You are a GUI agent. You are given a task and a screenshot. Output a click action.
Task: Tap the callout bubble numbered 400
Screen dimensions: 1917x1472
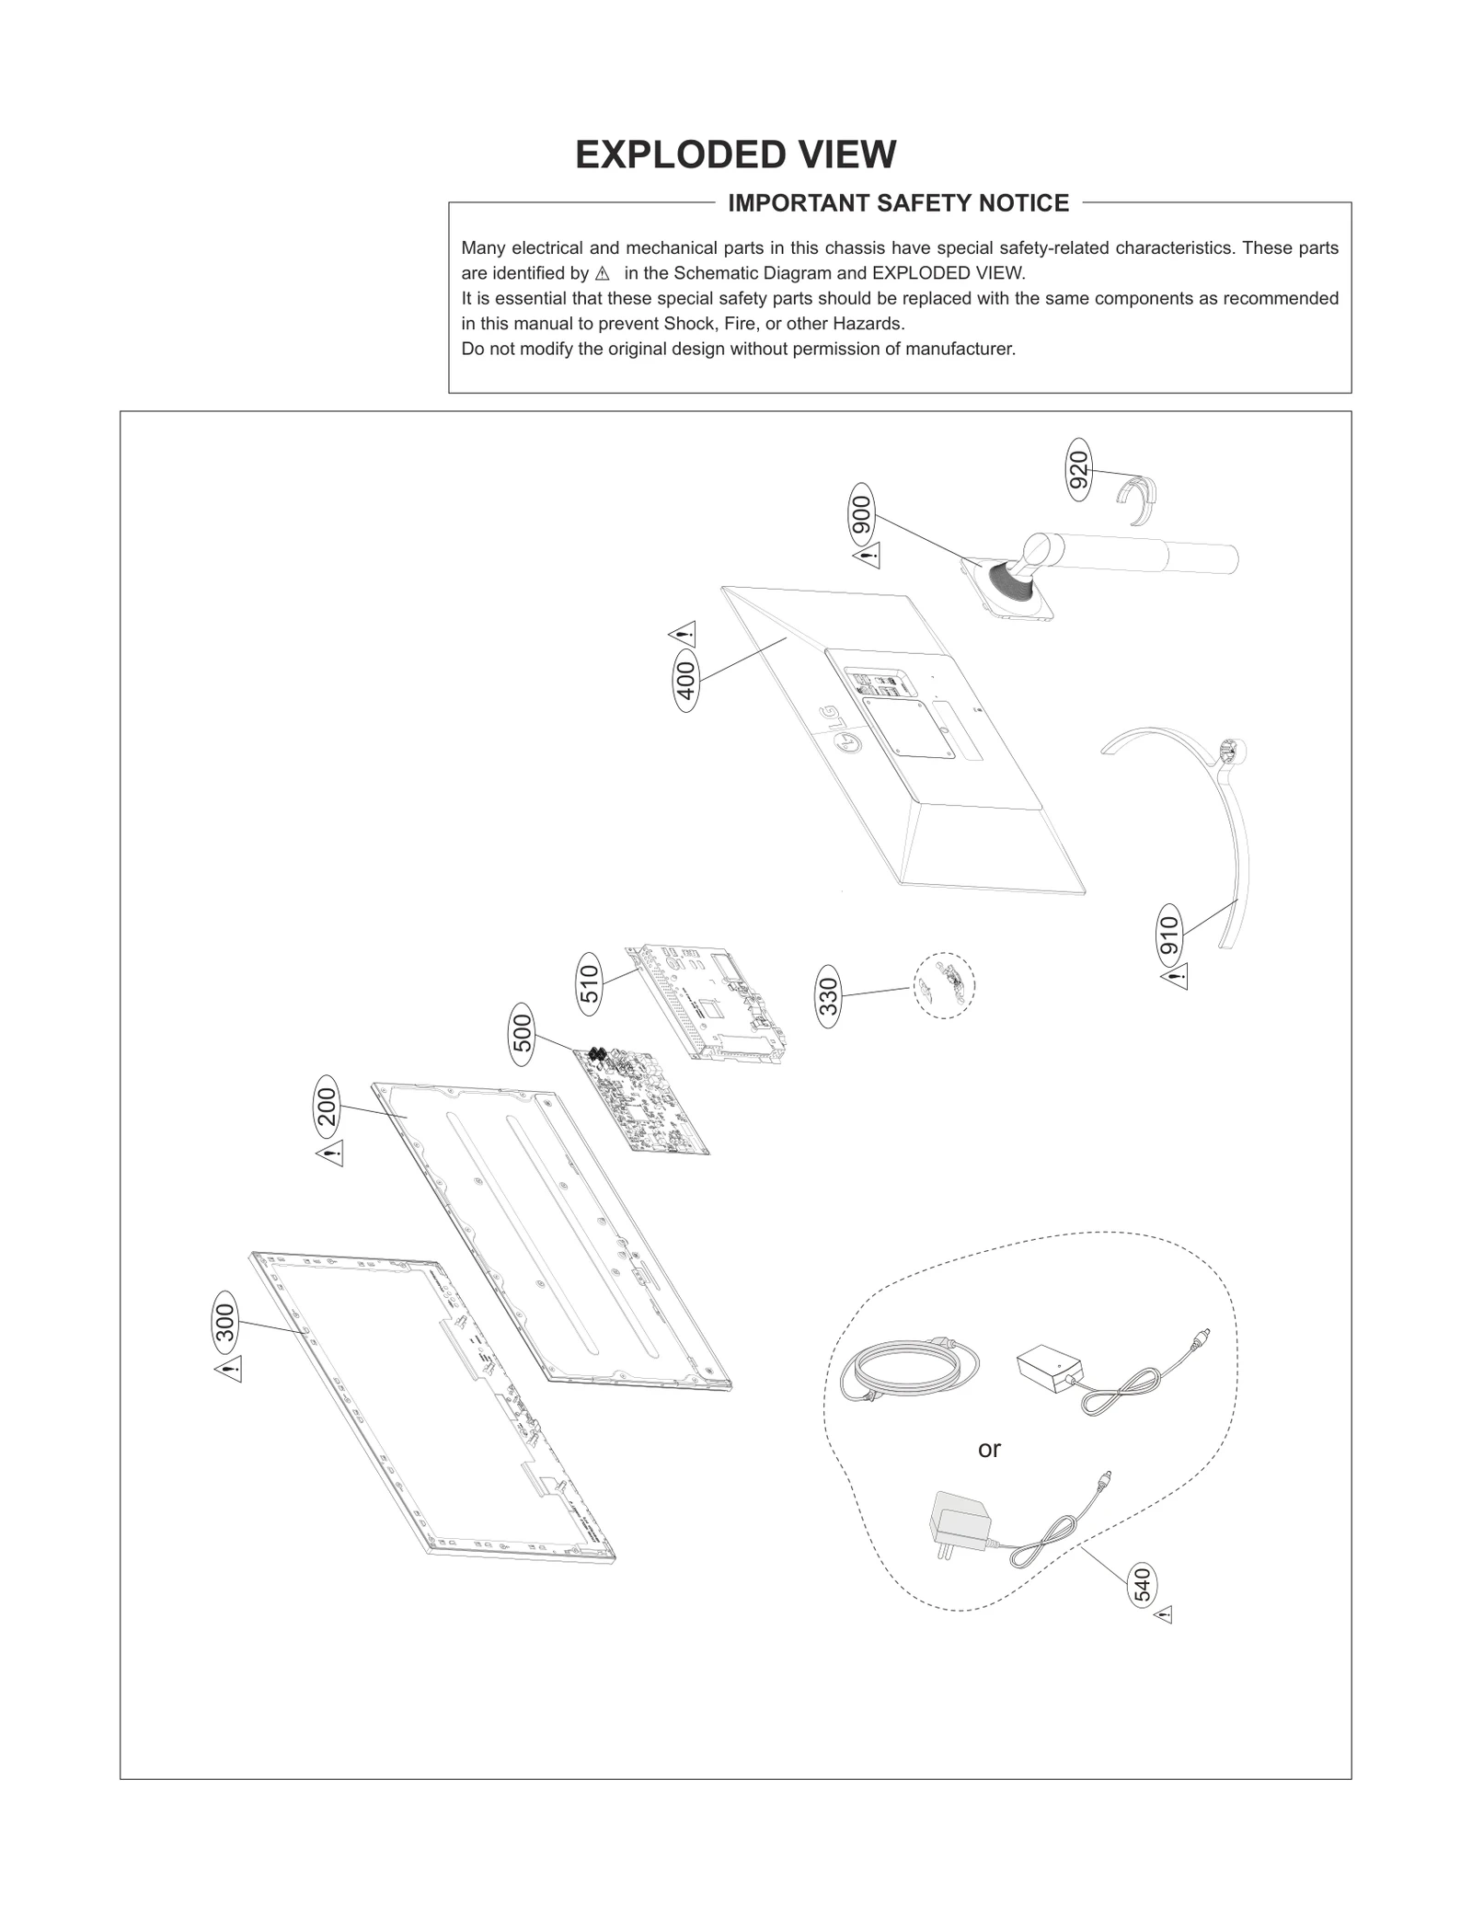[x=686, y=681]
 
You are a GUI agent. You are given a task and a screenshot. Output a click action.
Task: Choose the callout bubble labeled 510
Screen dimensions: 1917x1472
[x=590, y=984]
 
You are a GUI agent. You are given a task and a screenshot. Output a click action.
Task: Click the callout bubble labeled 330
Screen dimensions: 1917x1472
[x=829, y=995]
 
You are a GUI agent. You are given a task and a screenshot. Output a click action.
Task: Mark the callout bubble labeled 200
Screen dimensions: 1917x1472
[x=327, y=1106]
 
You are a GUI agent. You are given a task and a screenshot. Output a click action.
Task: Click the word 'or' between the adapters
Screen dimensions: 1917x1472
[x=989, y=1450]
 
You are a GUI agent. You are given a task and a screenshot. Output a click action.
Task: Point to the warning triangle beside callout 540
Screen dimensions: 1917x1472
[x=1163, y=1614]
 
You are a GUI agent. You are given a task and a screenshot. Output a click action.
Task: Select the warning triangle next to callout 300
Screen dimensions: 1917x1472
[x=228, y=1369]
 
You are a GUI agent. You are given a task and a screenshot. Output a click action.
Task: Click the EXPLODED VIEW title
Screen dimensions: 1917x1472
[x=735, y=155]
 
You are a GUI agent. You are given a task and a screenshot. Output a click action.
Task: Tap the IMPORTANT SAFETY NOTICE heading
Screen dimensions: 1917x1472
[x=898, y=203]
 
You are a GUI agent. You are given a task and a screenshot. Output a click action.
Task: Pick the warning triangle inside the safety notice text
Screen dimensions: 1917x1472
[x=603, y=273]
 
